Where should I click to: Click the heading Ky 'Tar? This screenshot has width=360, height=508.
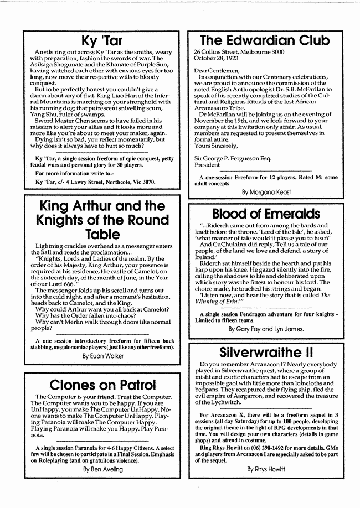click(x=101, y=40)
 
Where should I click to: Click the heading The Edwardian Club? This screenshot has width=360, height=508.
click(x=265, y=40)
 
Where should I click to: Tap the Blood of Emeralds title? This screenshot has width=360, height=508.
click(x=265, y=214)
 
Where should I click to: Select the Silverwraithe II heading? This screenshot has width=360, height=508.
click(x=265, y=353)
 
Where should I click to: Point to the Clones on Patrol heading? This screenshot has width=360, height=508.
click(x=101, y=385)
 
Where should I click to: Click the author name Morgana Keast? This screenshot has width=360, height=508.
click(x=266, y=192)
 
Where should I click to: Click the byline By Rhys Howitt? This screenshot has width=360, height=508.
click(x=266, y=469)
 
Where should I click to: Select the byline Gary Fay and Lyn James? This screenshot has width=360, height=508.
click(x=266, y=329)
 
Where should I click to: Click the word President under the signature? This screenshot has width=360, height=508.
click(x=207, y=164)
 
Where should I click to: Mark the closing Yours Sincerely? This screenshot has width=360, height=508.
click(x=216, y=146)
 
